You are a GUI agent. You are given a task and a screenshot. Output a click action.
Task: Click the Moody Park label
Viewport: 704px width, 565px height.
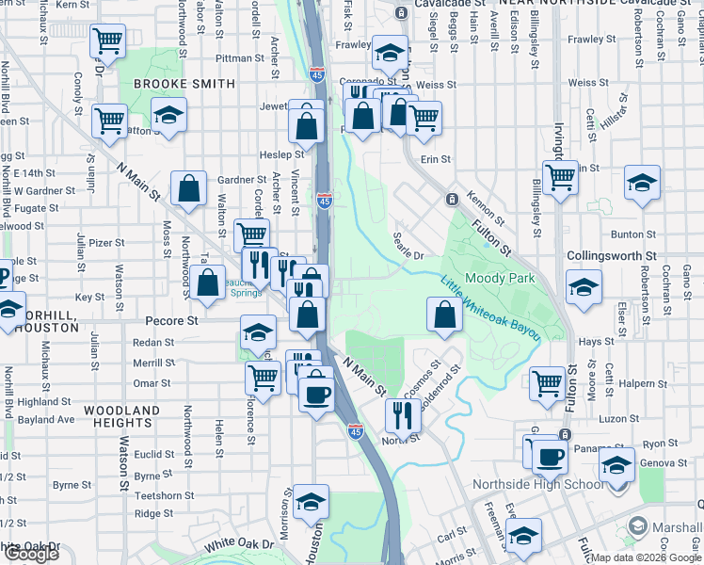point(501,278)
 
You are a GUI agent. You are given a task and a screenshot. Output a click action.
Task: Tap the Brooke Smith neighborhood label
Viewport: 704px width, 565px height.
point(184,84)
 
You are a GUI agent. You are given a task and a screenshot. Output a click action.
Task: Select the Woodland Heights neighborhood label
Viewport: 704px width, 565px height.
point(122,417)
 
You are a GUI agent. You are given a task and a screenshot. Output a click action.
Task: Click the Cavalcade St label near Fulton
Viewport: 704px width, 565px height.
point(449,4)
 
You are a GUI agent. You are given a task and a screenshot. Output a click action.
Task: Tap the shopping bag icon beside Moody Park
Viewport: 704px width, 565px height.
point(444,315)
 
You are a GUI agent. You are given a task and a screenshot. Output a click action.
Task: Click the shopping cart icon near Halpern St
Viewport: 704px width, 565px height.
point(547,382)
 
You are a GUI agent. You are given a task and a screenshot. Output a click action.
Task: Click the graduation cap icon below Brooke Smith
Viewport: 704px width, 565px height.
point(168,117)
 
